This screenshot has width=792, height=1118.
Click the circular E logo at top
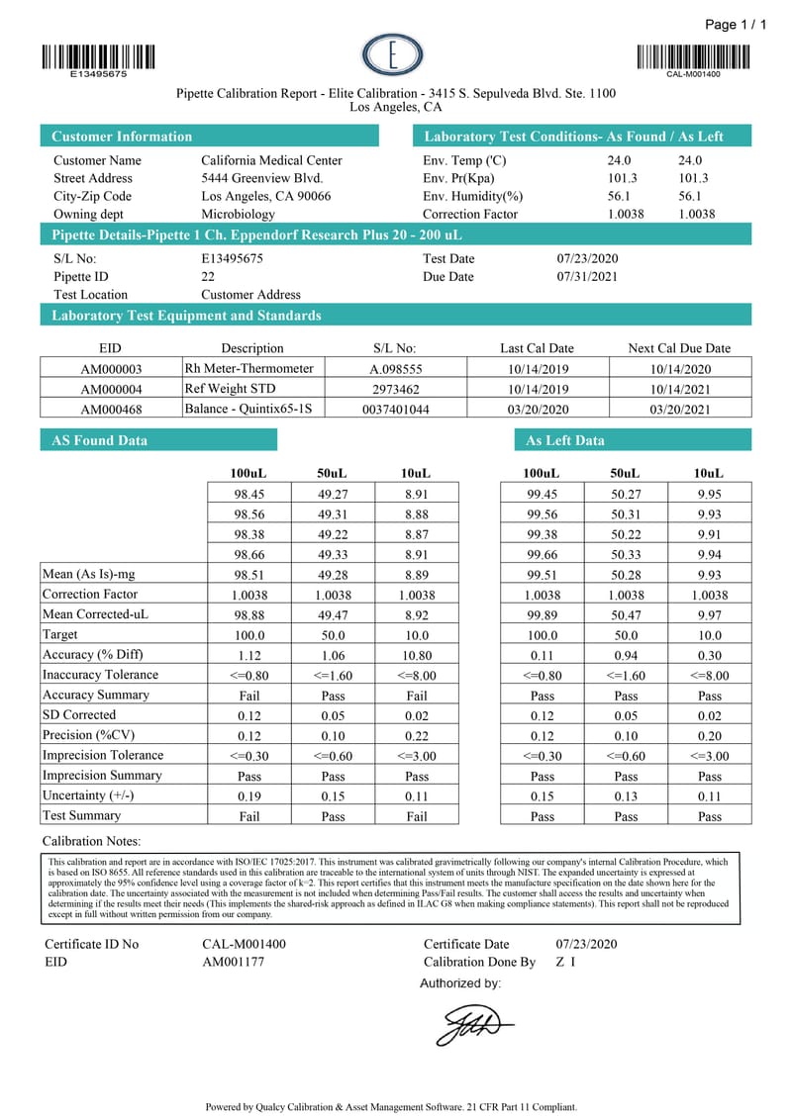392,55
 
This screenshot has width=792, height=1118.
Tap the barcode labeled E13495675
98,56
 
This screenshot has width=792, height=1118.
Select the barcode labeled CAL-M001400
693,56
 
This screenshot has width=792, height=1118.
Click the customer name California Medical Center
271,160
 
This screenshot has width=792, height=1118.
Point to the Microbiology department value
238,214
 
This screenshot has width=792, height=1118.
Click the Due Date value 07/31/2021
587,276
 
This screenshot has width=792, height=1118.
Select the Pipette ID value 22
208,276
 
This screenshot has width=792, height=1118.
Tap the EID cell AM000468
111,410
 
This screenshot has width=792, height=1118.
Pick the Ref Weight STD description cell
230,389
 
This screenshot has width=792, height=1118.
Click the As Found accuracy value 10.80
417,655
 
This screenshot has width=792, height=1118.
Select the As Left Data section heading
564,440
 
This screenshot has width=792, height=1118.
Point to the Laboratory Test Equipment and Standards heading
186,316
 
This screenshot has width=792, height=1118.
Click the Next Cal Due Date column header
679,348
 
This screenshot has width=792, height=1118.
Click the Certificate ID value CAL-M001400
244,944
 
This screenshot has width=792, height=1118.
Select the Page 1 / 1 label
736,25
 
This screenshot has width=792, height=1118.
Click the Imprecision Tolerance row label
103,755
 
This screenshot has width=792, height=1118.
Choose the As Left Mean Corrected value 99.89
543,614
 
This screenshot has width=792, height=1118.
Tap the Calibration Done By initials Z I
565,962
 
